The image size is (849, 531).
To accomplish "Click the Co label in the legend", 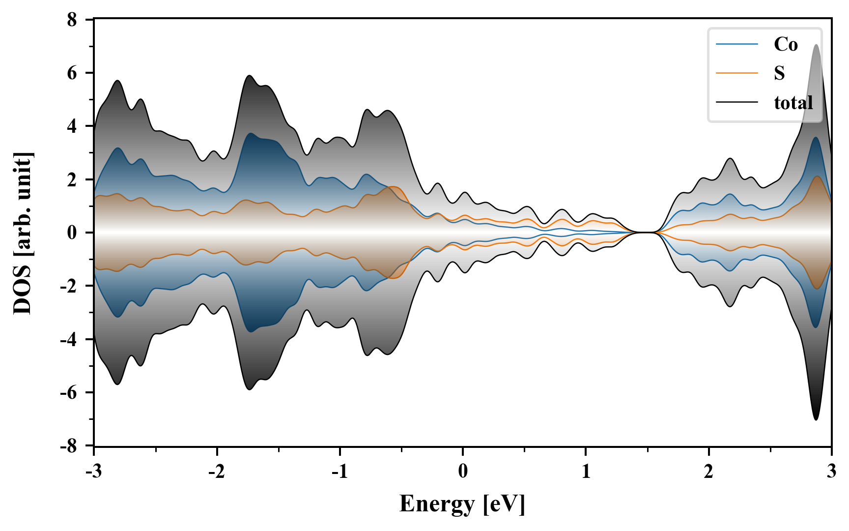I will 786,45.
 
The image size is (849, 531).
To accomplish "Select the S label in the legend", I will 779,73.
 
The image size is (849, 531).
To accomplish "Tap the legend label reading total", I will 793,103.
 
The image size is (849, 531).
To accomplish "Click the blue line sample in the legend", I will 736,45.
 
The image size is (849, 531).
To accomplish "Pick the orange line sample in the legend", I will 736,73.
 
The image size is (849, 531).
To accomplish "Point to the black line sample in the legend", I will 736,103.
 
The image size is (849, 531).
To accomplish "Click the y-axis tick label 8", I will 72,20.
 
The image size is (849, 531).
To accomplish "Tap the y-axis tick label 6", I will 72,73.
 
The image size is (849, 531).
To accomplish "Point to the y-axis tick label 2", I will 72,180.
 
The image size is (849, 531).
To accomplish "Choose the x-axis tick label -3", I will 93,472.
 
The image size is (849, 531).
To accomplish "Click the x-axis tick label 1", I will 586,472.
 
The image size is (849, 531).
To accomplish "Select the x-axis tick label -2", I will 216,472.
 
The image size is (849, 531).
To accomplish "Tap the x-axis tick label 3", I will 831,472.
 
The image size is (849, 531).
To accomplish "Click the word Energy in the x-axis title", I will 436,504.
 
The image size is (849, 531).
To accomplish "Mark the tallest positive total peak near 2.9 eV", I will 816,45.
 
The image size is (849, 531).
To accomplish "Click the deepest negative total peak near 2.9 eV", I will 816,419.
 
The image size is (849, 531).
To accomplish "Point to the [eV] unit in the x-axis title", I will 504,504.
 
